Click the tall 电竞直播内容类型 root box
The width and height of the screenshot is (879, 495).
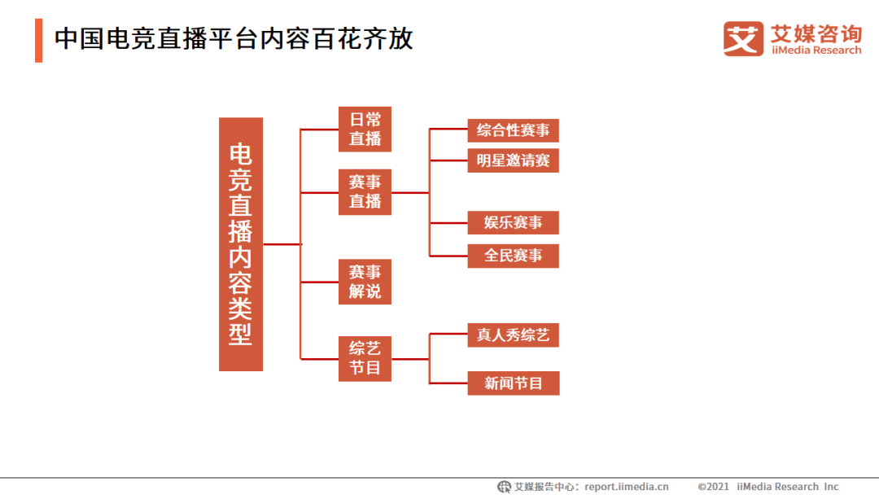[241, 244]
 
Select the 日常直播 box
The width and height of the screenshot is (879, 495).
[365, 129]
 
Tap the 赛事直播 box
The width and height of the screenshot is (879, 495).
[365, 192]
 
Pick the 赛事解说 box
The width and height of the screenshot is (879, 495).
[365, 282]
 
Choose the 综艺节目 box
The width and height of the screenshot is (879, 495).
[365, 358]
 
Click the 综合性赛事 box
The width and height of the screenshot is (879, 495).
[513, 130]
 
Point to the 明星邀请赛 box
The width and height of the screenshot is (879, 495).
[513, 160]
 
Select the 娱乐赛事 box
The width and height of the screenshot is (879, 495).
[513, 222]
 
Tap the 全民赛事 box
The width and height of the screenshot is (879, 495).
[513, 256]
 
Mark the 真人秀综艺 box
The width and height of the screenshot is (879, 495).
[513, 335]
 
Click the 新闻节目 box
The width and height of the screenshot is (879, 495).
[513, 383]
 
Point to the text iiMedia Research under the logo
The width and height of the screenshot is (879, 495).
[816, 50]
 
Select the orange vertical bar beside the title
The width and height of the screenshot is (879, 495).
[38, 39]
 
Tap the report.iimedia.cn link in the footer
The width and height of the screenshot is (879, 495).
[627, 487]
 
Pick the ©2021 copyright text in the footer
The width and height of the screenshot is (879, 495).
[714, 487]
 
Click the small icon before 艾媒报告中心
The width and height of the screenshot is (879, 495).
[505, 487]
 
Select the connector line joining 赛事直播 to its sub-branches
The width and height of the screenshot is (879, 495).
[410, 193]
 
